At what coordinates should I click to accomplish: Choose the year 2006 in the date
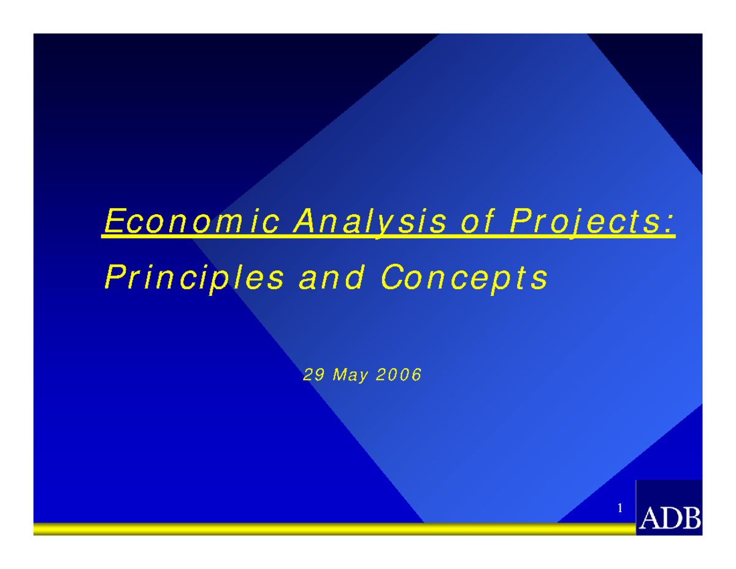point(399,375)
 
